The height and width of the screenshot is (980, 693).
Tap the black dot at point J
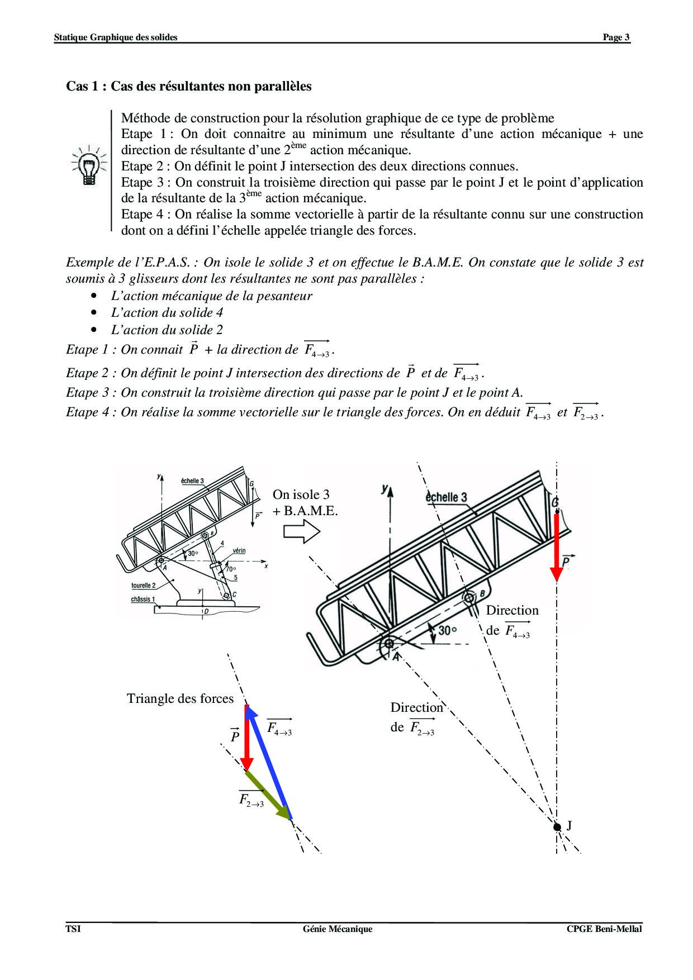(557, 827)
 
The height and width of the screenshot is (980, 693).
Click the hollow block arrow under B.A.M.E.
(301, 531)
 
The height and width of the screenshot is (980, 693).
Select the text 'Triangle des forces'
(180, 698)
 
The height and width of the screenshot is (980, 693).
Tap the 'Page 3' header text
(616, 37)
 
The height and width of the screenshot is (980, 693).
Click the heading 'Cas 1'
(189, 87)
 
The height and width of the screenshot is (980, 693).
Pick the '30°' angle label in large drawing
(447, 630)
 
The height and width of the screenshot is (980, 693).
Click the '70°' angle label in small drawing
(230, 569)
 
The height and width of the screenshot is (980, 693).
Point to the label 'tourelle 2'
(143, 586)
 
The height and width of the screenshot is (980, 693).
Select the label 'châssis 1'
(143, 600)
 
